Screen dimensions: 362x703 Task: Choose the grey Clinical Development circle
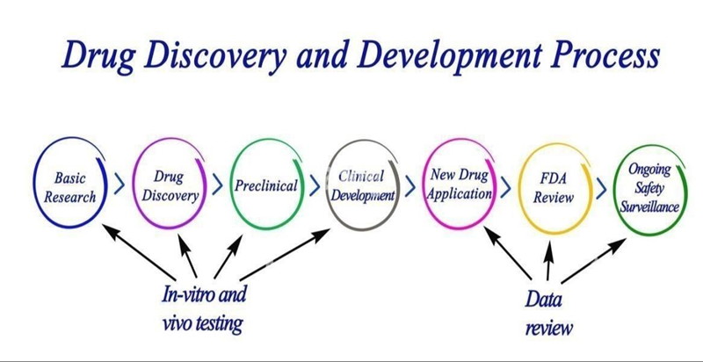363,185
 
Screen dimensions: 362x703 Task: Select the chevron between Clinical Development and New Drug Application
409,187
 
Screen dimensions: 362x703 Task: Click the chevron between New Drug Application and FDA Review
506,187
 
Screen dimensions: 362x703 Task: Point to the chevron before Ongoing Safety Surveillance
601,187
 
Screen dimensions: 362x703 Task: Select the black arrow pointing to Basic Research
133,254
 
